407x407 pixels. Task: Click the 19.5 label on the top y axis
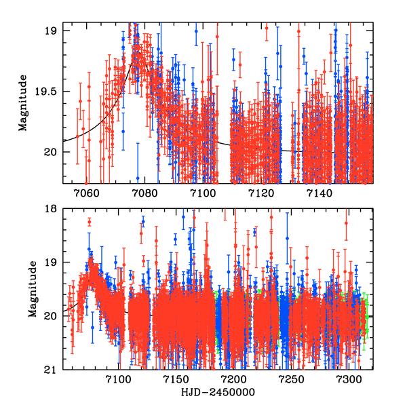[x=47, y=91]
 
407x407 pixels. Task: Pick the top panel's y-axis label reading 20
[x=52, y=151]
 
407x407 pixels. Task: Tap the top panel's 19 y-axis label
[x=52, y=31]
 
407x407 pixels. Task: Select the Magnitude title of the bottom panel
[x=33, y=289]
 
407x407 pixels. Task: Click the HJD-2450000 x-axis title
[x=217, y=393]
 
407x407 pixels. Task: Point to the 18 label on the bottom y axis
[x=52, y=209]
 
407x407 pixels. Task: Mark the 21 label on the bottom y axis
[x=52, y=370]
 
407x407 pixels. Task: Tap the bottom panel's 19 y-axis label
[x=52, y=263]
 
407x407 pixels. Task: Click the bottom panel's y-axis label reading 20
[x=52, y=316]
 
